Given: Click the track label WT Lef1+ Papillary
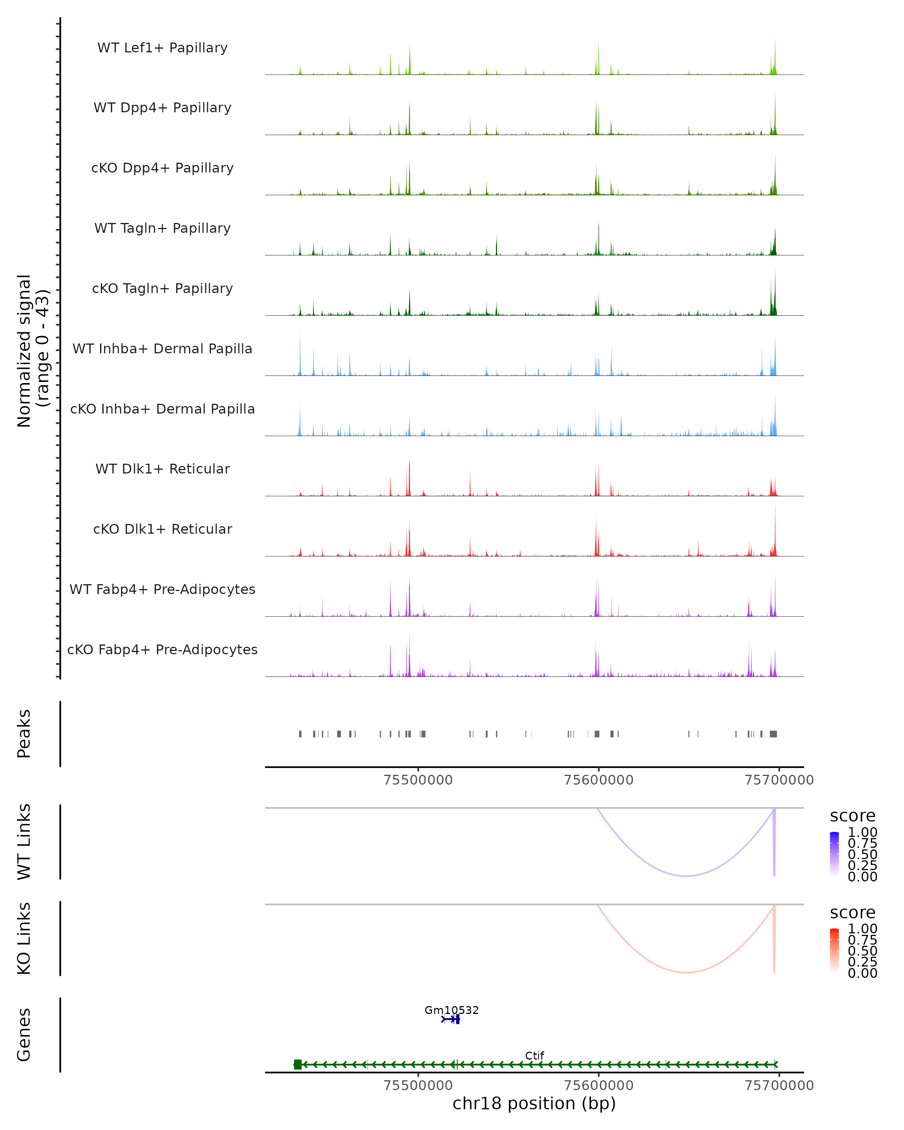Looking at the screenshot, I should pyautogui.click(x=162, y=48).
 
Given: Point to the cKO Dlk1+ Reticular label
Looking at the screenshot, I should pyautogui.click(x=162, y=529).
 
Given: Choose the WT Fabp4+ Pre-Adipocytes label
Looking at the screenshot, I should pyautogui.click(x=162, y=589).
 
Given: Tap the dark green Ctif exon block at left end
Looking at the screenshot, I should pyautogui.click(x=298, y=1064).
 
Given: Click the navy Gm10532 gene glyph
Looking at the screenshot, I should pyautogui.click(x=451, y=1019).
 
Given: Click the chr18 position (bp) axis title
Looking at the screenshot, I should pyautogui.click(x=534, y=1103).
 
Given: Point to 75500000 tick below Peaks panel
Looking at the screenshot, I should pyautogui.click(x=418, y=780).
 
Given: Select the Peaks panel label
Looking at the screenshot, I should pyautogui.click(x=24, y=734).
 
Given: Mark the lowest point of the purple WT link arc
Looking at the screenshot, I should pyautogui.click(x=686, y=876).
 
